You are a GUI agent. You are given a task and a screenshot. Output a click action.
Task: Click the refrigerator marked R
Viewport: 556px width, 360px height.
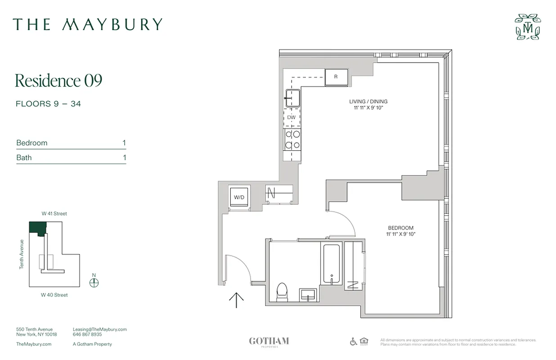point(336,77)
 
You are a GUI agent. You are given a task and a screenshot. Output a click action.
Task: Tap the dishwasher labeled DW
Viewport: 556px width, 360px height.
point(291,117)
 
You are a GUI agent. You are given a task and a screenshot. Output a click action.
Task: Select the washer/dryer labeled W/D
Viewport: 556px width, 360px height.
point(238,197)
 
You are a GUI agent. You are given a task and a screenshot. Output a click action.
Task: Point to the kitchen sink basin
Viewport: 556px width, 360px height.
point(292,98)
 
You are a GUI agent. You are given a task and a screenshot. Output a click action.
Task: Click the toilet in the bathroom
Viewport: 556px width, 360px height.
point(282,291)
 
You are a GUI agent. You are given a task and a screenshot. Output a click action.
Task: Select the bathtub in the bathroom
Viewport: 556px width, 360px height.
point(332,264)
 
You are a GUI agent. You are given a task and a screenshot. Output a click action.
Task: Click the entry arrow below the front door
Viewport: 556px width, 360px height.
point(237,300)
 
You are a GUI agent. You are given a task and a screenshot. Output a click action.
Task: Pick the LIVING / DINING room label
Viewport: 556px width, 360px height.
point(368,102)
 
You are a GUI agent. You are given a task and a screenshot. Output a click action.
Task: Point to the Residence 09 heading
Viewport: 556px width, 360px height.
point(58,81)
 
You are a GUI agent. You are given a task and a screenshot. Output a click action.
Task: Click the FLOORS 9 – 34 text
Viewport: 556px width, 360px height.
point(48,104)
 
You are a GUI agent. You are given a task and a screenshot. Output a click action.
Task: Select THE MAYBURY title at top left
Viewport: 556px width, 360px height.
point(87,24)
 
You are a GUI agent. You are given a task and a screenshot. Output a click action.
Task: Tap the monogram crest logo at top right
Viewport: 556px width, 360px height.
point(528,27)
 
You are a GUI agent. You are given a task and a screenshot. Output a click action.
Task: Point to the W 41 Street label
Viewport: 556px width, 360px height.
point(54,214)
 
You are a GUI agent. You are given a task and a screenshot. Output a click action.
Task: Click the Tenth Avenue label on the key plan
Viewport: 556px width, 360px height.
point(21,254)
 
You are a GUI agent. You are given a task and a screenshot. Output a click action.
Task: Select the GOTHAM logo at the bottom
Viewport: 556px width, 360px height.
point(269,342)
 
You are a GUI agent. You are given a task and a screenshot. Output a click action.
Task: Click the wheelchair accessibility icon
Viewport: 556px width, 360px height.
point(353,342)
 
